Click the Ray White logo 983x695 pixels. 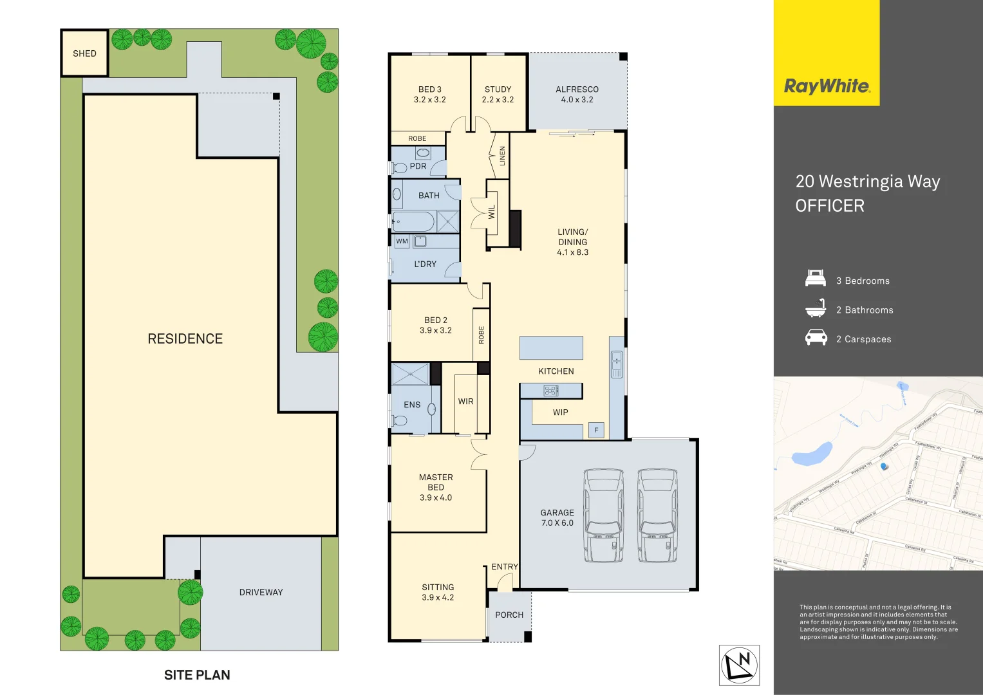pyautogui.click(x=827, y=86)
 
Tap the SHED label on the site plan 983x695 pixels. pyautogui.click(x=84, y=53)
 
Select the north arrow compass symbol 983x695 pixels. pyautogui.click(x=739, y=665)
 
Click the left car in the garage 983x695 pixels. pyautogui.click(x=603, y=515)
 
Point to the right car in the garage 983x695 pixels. pyautogui.click(x=657, y=515)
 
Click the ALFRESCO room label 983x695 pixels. pyautogui.click(x=577, y=95)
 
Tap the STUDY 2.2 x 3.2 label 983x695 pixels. pyautogui.click(x=498, y=95)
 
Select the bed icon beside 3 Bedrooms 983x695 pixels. pyautogui.click(x=816, y=279)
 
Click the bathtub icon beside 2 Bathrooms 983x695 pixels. pyautogui.click(x=816, y=308)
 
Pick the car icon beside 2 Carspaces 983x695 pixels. pyautogui.click(x=816, y=338)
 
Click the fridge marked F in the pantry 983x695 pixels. pyautogui.click(x=596, y=430)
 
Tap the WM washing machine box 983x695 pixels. pyautogui.click(x=402, y=241)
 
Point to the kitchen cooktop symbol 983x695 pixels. pyautogui.click(x=551, y=390)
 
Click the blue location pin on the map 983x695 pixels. pyautogui.click(x=884, y=467)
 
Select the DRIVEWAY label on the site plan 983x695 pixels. pyautogui.click(x=261, y=592)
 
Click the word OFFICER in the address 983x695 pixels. pyautogui.click(x=829, y=206)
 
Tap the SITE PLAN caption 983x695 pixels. pyautogui.click(x=197, y=675)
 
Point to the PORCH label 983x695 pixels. pyautogui.click(x=509, y=615)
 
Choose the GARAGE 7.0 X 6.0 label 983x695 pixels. pyautogui.click(x=557, y=518)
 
